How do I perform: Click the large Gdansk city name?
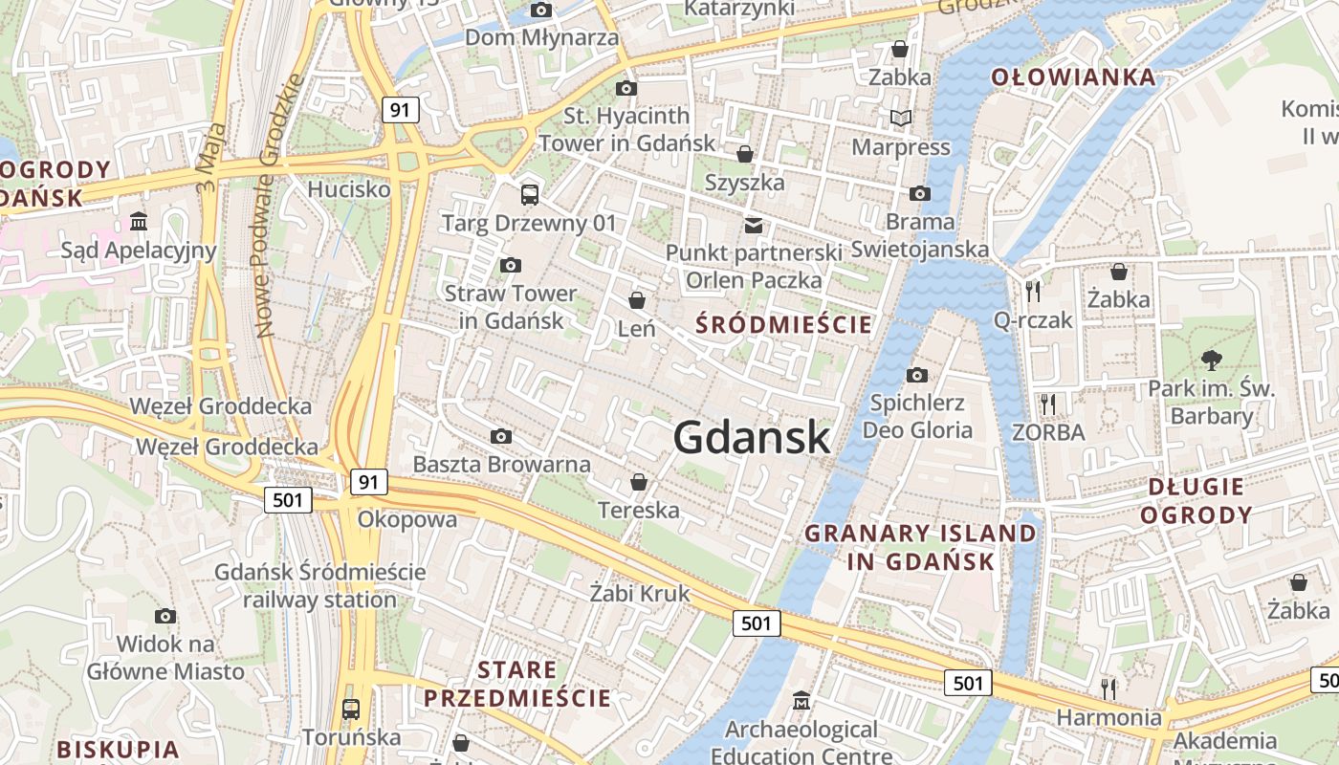tap(752, 437)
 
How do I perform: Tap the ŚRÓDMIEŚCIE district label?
tap(783, 324)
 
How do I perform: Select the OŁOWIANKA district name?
tap(1072, 77)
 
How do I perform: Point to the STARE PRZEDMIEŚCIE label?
tap(517, 684)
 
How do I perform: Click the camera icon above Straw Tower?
tap(511, 265)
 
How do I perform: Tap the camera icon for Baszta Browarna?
tap(500, 437)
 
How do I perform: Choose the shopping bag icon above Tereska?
tap(638, 482)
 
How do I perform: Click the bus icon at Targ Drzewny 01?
tap(529, 195)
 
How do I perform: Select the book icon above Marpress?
tap(900, 119)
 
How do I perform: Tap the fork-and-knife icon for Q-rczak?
tap(1032, 291)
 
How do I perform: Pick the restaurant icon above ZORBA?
tap(1048, 404)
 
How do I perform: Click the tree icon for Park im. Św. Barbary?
tap(1212, 361)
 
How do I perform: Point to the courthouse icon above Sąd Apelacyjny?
tap(139, 222)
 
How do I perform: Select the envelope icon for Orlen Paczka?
tap(754, 225)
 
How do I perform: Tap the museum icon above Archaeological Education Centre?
tap(801, 701)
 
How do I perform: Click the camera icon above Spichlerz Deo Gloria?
tap(916, 374)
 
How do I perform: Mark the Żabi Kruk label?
tap(639, 593)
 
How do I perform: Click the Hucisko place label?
tap(349, 189)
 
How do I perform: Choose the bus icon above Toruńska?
tap(351, 709)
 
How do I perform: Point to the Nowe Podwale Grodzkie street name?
tap(279, 206)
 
